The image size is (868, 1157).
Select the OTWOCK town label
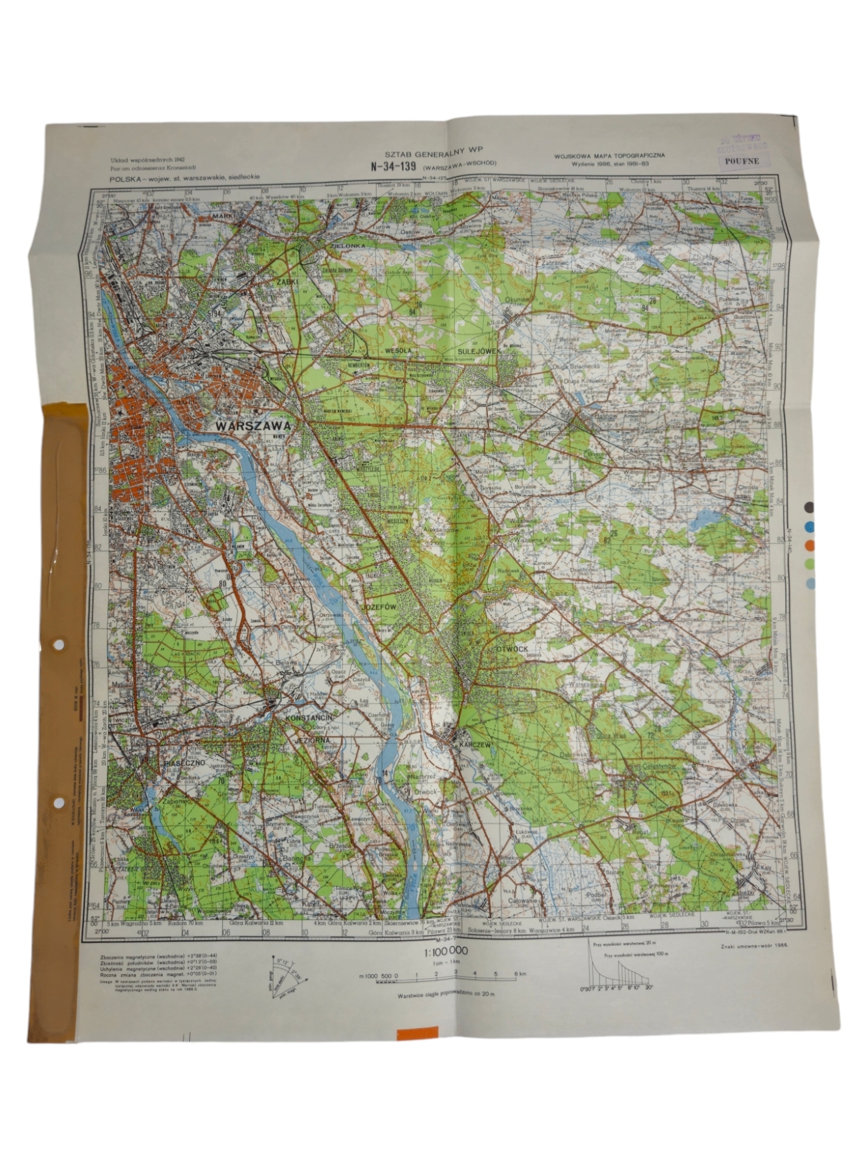tap(512, 649)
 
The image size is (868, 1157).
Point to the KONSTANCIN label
tap(308, 718)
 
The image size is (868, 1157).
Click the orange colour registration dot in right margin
tap(810, 545)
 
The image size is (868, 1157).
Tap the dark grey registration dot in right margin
tap(810, 507)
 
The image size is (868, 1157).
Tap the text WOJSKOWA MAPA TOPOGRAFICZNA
tap(609, 155)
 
